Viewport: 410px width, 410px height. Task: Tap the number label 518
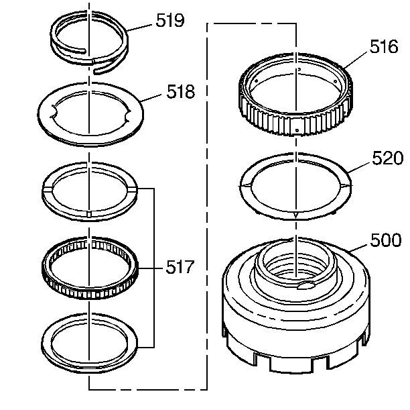point(180,92)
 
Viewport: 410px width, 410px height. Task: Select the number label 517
point(180,268)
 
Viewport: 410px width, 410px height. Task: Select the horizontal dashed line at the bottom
point(147,389)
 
